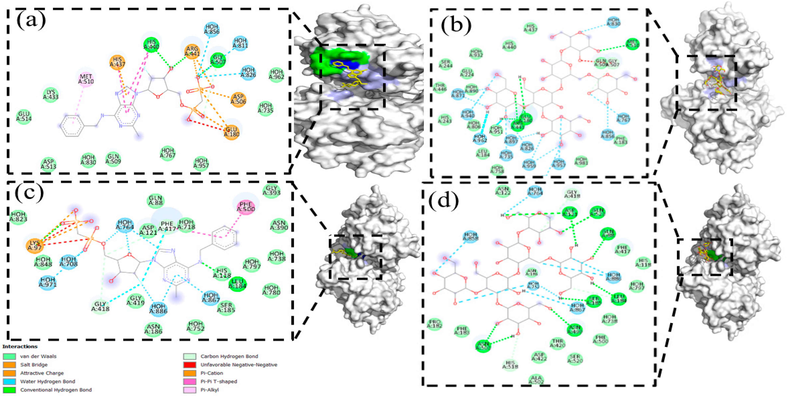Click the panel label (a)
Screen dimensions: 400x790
click(x=31, y=21)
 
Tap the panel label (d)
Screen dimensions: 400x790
click(x=444, y=201)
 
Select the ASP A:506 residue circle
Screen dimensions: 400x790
click(x=238, y=99)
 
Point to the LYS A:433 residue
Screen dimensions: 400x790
click(x=51, y=94)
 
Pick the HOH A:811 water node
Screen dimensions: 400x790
click(x=240, y=43)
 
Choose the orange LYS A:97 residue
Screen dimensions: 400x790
click(x=35, y=245)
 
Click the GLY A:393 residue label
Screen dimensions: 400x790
click(x=271, y=190)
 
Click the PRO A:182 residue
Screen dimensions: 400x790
click(x=435, y=324)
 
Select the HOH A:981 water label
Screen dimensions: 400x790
click(x=581, y=161)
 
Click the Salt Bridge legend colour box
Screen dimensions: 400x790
click(x=9, y=365)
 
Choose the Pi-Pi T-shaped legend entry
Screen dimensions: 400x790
click(x=219, y=382)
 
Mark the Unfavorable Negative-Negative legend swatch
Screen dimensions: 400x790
click(x=189, y=365)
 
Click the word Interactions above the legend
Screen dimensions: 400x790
click(x=20, y=347)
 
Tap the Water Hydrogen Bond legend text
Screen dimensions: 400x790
click(x=48, y=382)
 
